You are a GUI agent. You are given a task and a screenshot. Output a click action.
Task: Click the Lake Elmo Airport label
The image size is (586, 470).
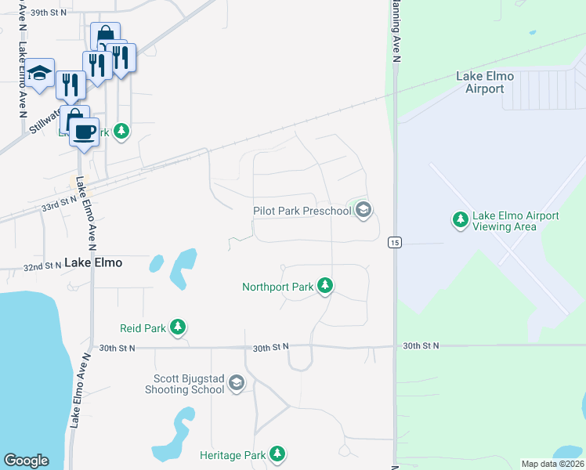coord(484,82)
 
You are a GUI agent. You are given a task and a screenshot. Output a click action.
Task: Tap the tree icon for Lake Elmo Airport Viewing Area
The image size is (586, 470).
coord(461,220)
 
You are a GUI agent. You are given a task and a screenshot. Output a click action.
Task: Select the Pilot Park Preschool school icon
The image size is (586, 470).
coord(363,210)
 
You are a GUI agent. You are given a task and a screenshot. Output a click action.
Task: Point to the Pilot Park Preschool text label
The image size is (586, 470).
coord(302,211)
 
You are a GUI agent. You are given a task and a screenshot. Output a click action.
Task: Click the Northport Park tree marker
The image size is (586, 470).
coord(324,287)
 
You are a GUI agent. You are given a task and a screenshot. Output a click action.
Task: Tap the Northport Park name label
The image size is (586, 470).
coord(277,287)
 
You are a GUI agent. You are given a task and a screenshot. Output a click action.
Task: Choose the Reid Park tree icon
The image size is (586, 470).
coord(178,327)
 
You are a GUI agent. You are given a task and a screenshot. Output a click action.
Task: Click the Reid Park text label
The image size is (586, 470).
coord(143,328)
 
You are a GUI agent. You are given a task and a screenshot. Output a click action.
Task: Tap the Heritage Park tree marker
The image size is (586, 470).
coord(277,454)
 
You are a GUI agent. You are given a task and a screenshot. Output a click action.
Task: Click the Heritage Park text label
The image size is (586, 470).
coord(233,455)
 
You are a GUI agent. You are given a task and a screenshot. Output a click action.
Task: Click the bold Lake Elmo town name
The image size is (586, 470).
coord(93,263)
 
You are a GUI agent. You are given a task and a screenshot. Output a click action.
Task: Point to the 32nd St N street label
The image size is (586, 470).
coord(42,266)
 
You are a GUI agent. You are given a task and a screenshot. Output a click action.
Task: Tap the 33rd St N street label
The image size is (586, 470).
coord(59,203)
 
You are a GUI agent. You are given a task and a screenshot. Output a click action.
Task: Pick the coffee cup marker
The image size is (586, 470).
coord(83,131)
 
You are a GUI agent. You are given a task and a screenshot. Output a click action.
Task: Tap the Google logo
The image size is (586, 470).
coord(27,461)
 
